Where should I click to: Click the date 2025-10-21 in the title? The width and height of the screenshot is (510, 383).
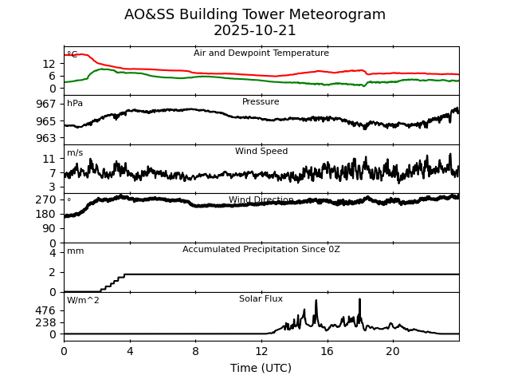pos(255,30)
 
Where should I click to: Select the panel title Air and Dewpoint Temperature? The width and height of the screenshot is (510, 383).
pos(261,53)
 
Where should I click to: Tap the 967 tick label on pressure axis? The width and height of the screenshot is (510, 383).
pos(46,104)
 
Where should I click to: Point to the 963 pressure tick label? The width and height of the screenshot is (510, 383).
pos(46,138)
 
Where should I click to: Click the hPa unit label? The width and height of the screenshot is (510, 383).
pos(75,103)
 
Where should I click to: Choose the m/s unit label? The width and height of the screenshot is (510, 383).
pos(75,152)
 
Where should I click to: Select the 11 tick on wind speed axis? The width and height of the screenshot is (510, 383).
pos(49,159)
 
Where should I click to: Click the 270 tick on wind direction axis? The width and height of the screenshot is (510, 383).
pos(46,199)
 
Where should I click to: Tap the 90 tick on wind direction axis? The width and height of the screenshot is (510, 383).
pos(49,228)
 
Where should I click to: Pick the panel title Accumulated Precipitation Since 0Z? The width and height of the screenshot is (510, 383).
pos(261,249)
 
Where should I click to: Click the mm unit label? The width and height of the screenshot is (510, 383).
pos(76,251)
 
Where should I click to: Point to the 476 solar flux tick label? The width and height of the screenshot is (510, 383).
pos(46,310)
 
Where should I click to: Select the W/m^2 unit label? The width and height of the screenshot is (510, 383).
pos(83,300)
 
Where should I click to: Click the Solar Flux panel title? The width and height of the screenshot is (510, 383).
pos(261,298)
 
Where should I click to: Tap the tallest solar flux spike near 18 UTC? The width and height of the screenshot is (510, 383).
pos(359,299)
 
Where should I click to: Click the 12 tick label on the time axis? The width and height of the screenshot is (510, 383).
pos(261,351)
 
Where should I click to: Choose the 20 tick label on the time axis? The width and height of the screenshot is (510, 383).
pos(393,351)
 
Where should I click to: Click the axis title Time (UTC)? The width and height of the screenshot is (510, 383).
pos(261,368)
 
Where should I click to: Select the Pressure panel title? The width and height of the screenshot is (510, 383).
pos(261,101)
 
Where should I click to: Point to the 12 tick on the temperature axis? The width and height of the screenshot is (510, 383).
pos(49,64)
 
